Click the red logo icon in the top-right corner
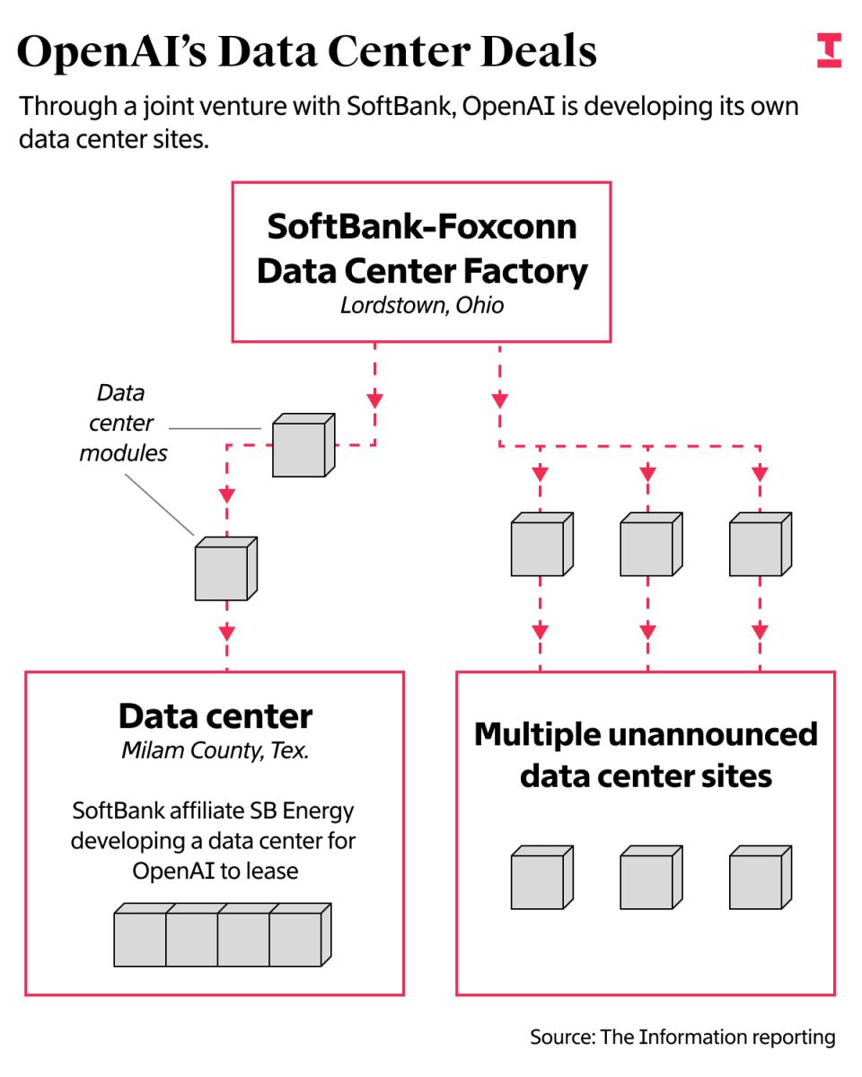[829, 51]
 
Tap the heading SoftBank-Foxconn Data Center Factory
[422, 248]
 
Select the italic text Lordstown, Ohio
[422, 305]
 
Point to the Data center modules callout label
[123, 423]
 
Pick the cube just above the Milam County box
[225, 569]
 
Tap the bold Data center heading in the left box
[215, 715]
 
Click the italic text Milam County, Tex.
[215, 751]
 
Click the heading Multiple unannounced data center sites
[646, 754]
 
